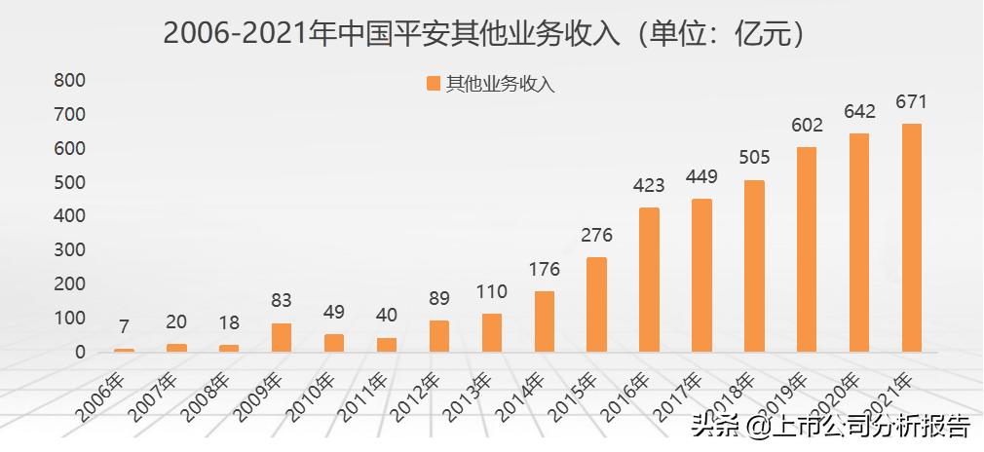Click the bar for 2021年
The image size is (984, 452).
coord(911,237)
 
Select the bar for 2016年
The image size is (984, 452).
coord(649,279)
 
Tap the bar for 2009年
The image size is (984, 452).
coord(282,337)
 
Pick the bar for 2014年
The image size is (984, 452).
coord(544,320)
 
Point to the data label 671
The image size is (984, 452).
coord(911,102)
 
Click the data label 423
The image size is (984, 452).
coord(649,186)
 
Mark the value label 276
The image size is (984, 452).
coord(596,236)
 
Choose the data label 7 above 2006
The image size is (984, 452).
coord(124,326)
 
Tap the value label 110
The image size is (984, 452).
coord(491,292)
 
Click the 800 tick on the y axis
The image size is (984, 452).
coord(69,81)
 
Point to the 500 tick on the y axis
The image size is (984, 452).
coord(69,182)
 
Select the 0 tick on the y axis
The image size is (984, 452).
coord(79,352)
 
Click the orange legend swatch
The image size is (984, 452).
coord(434,84)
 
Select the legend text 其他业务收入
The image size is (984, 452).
coord(500,84)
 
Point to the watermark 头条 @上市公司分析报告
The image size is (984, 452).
coord(830,426)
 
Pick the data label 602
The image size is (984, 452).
coord(807,126)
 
